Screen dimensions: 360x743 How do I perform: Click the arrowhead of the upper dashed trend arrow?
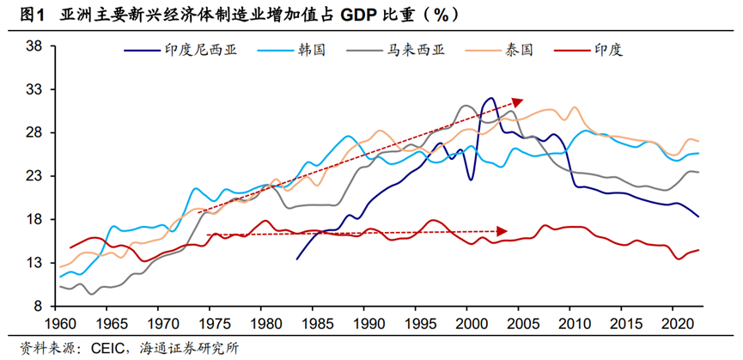click(518, 101)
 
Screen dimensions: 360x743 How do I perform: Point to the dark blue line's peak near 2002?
click(490, 98)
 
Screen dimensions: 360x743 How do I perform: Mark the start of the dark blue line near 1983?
click(296, 259)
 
